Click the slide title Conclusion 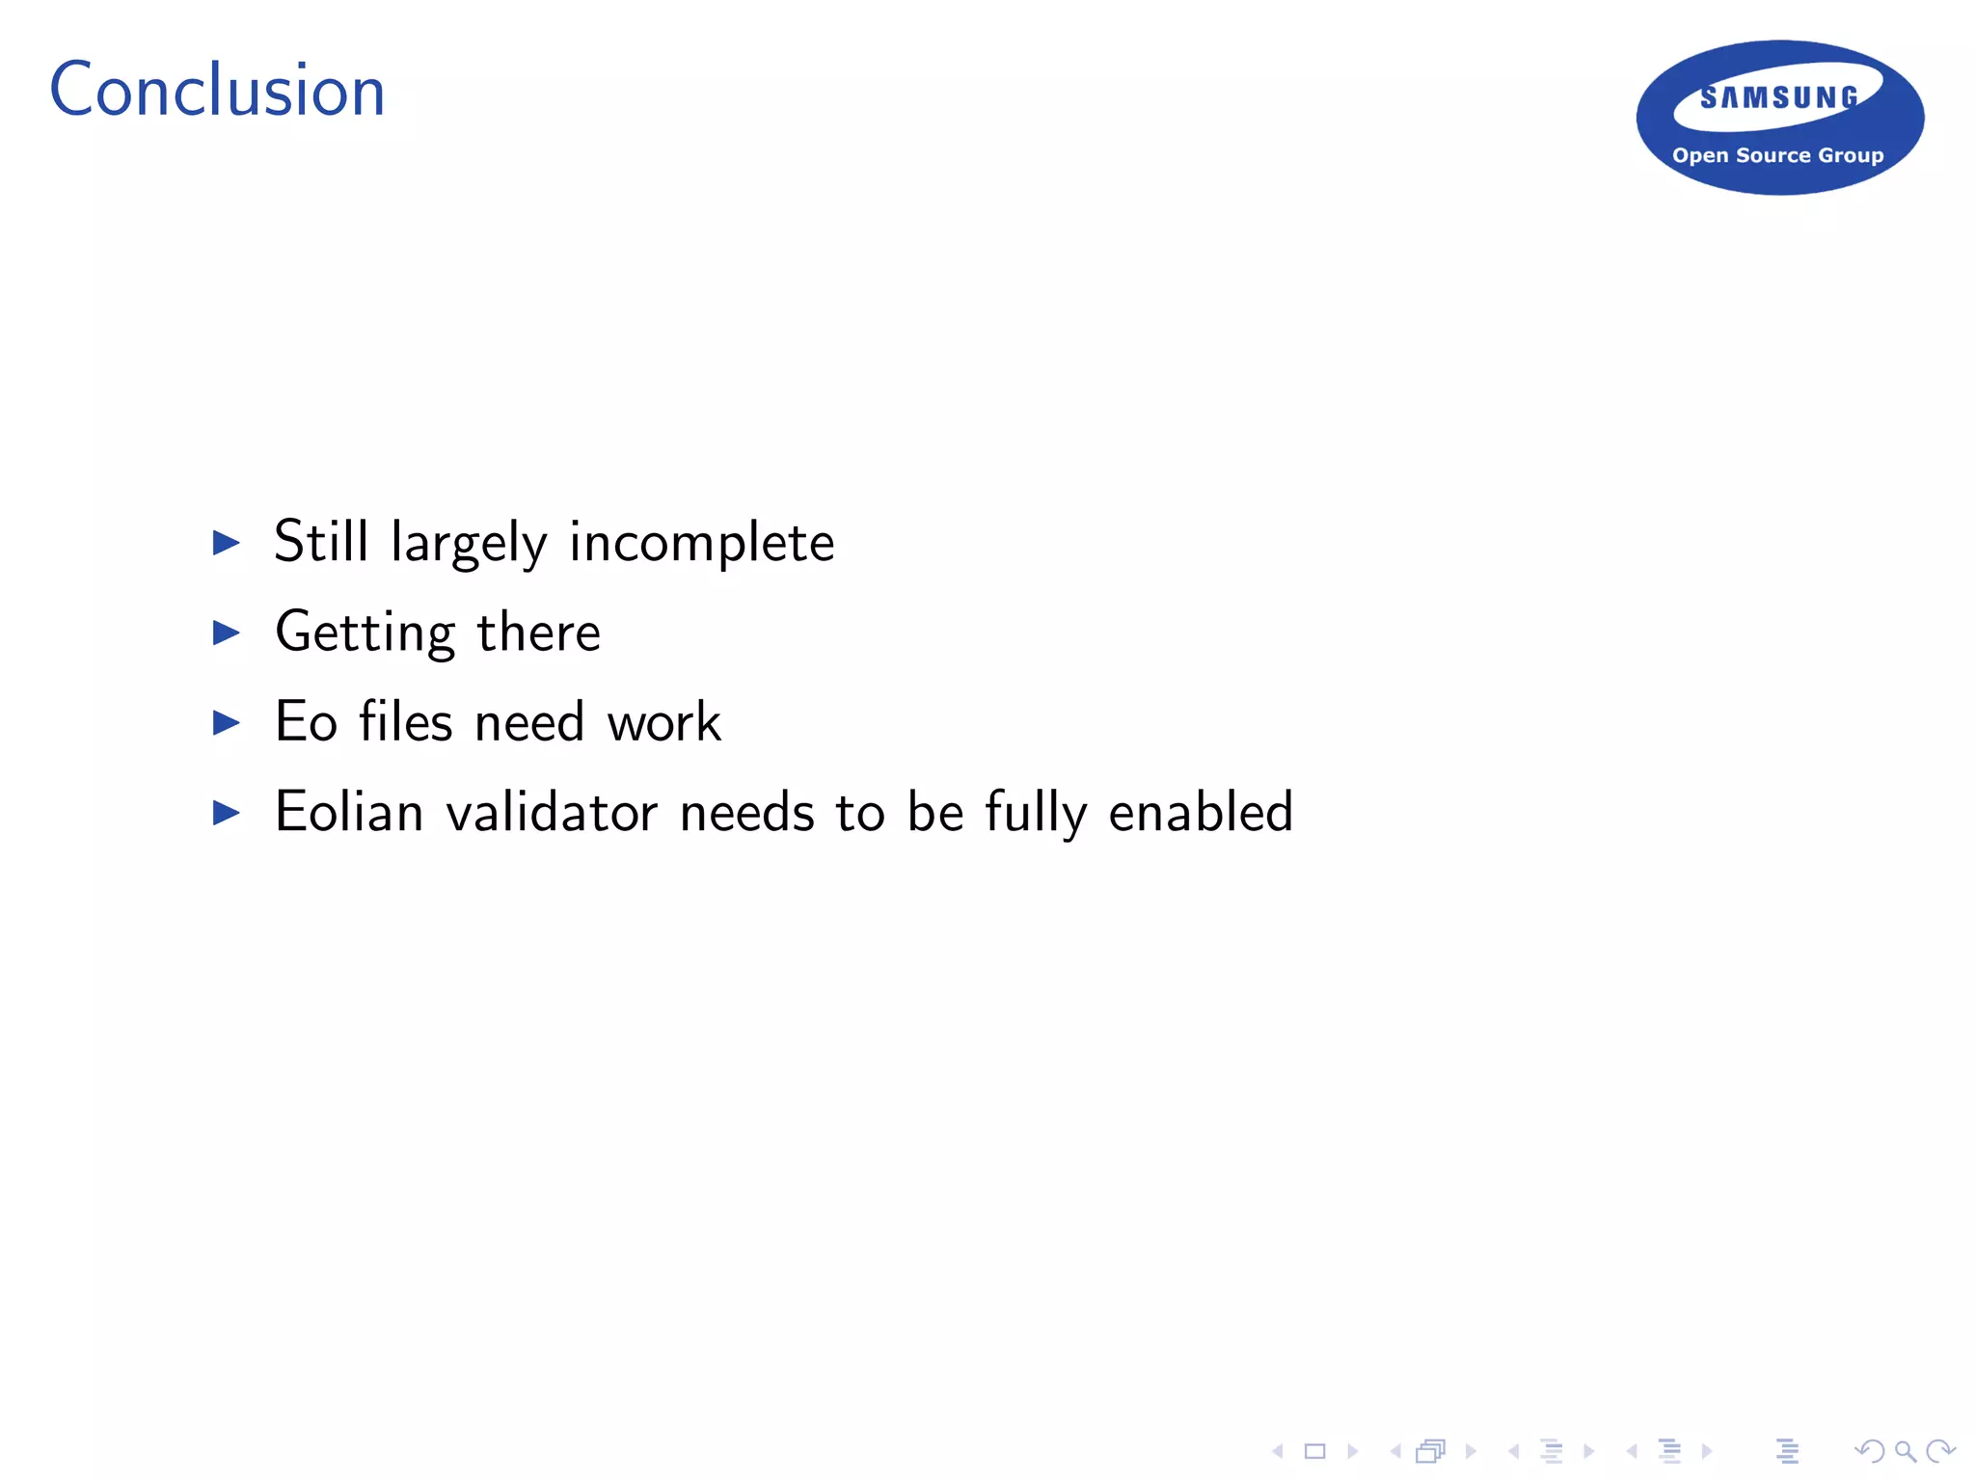217,91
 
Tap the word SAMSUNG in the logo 1779,97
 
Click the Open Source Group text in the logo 1777,155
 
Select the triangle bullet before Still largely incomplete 227,543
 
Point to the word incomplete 701,543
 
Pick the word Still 321,541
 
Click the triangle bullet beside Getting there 227,633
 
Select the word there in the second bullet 538,633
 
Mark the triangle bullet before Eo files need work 227,722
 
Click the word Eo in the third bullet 306,722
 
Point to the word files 405,721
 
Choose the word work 663,722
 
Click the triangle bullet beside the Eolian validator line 227,813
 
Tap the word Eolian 349,812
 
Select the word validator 552,812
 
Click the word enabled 1200,812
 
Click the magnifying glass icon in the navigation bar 1905,1450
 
